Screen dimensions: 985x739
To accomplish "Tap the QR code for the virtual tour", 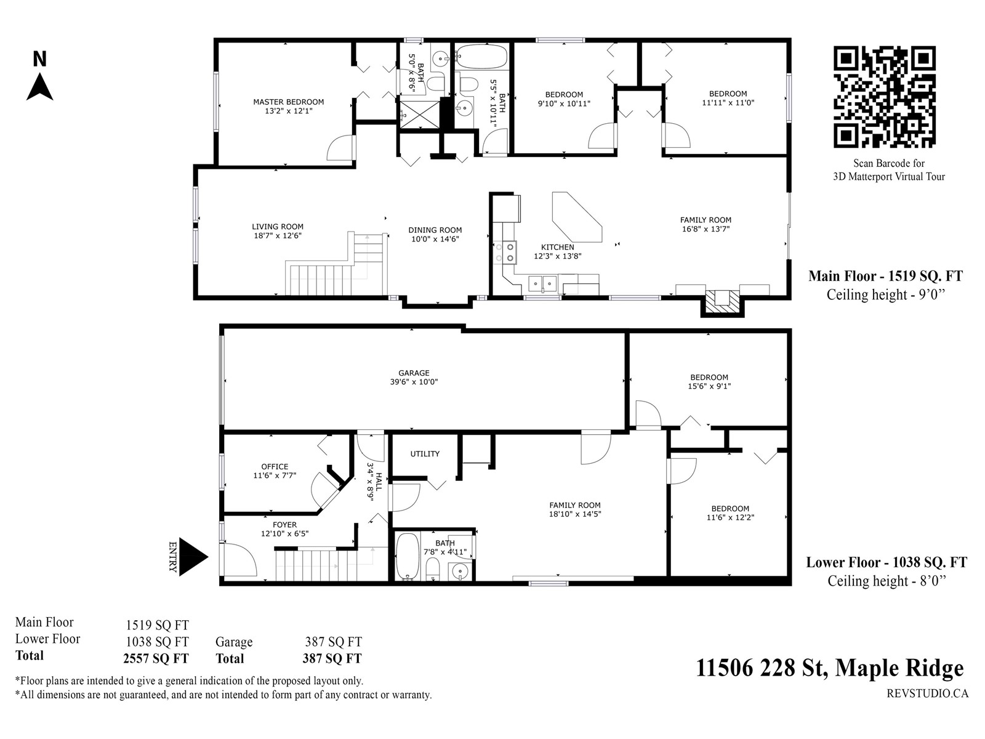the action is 885,97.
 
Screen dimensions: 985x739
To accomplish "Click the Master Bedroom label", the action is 289,102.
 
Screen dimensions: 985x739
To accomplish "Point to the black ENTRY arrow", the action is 193,556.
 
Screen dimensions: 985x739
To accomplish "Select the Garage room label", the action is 414,373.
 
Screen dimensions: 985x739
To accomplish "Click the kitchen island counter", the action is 577,217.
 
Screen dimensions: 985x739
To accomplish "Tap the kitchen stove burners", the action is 505,252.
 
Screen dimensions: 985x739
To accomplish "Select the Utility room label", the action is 425,454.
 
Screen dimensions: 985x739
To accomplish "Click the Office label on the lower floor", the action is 275,467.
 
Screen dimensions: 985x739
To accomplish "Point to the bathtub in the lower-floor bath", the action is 408,556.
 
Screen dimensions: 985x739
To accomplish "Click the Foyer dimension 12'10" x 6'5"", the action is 284,533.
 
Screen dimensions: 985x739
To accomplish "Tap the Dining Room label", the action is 435,230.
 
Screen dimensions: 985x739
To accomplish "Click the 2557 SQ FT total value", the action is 156,658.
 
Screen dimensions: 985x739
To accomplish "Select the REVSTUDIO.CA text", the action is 928,693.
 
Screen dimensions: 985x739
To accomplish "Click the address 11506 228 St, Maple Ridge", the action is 830,668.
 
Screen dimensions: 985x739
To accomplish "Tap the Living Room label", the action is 277,227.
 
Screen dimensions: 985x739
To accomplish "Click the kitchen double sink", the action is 542,283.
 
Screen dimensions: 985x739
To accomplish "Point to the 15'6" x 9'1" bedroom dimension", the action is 709,386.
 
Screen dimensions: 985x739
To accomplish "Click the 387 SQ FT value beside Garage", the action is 334,642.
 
